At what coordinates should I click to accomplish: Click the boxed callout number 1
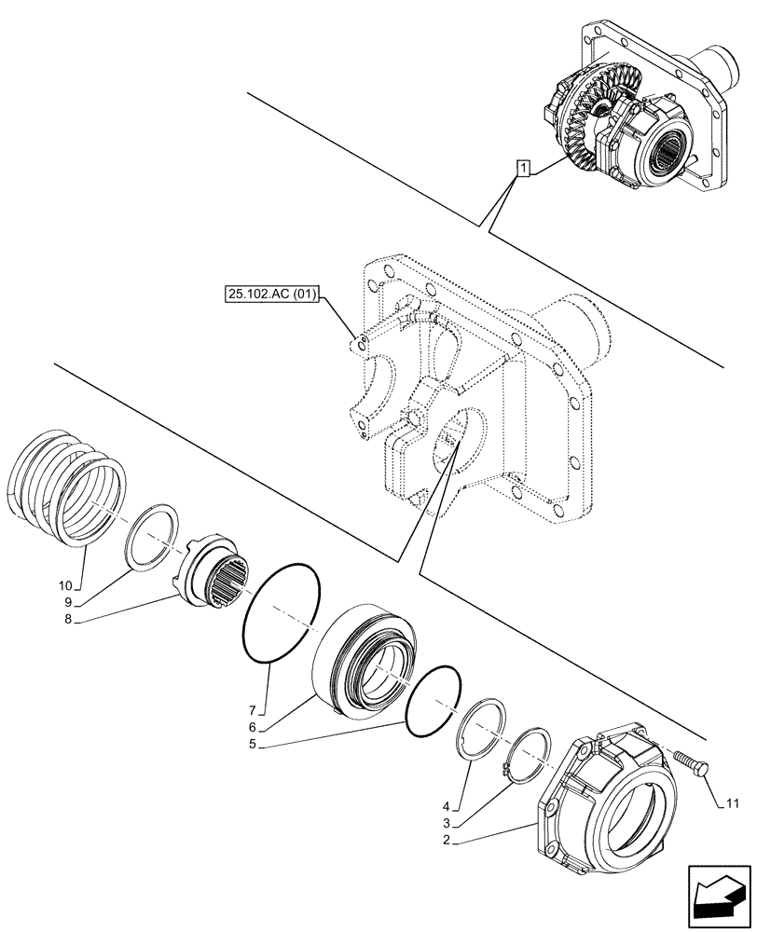(524, 169)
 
